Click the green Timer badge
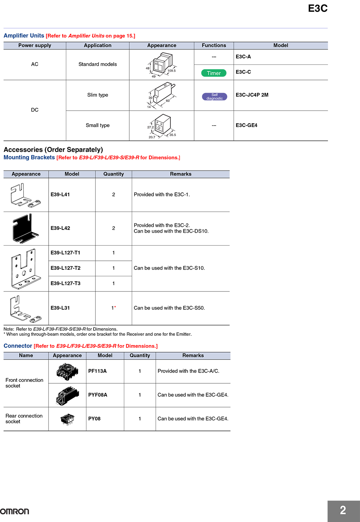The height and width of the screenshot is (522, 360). click(x=214, y=73)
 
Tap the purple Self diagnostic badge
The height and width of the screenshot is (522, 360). click(x=215, y=97)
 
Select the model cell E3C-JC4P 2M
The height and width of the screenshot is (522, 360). click(x=252, y=95)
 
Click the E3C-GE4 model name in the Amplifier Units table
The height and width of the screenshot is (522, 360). click(x=247, y=125)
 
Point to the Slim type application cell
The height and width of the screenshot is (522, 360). click(x=98, y=95)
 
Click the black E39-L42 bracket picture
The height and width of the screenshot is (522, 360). click(x=26, y=229)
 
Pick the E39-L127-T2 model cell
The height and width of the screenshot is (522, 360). click(x=66, y=268)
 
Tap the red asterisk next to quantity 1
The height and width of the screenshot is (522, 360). click(x=115, y=307)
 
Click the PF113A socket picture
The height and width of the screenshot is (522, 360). click(x=67, y=371)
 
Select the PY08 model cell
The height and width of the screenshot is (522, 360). click(x=94, y=419)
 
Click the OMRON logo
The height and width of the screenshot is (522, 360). click(x=15, y=511)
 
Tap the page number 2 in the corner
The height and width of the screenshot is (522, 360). click(x=343, y=510)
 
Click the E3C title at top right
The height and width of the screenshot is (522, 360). click(x=318, y=9)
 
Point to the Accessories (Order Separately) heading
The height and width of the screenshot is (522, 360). click(x=53, y=150)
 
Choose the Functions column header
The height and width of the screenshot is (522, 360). click(x=214, y=45)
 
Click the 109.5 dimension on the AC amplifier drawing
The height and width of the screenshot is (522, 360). click(x=172, y=71)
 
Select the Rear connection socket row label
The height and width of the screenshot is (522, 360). click(x=24, y=419)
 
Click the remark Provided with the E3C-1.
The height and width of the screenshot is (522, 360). click(x=162, y=195)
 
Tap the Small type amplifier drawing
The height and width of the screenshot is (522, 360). click(x=162, y=126)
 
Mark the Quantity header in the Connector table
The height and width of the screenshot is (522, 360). click(x=140, y=356)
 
